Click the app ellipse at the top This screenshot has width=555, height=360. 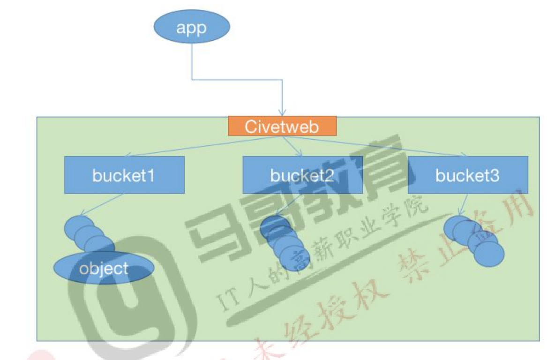click(192, 28)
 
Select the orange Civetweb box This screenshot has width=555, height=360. click(282, 126)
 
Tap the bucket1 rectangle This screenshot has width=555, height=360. click(124, 175)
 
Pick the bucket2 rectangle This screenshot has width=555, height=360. click(302, 175)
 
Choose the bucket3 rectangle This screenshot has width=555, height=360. click(468, 175)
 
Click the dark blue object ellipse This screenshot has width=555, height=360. click(104, 269)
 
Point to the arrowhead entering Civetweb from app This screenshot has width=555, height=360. click(282, 113)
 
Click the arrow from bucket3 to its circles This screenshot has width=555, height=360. click(463, 204)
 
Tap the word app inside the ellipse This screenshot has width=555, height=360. click(192, 28)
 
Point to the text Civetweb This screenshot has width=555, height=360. click(282, 126)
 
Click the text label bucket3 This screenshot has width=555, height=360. click(468, 175)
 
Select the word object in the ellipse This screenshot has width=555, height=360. click(104, 269)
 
